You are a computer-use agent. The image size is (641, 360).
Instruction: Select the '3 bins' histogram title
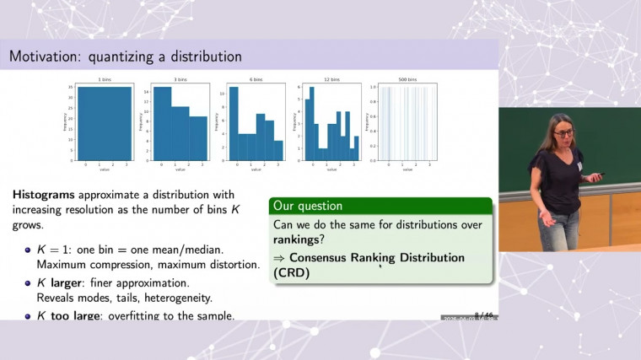pos(179,81)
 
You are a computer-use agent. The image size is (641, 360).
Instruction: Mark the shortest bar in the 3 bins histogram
pos(197,139)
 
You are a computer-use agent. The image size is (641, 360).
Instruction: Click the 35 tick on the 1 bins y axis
pos(73,87)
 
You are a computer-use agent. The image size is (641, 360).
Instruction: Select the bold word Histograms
pos(44,194)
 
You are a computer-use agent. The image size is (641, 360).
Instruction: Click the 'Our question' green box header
pos(306,206)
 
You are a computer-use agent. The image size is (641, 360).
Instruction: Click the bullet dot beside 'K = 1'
pos(28,250)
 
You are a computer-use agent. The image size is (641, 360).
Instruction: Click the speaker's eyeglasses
pos(563,133)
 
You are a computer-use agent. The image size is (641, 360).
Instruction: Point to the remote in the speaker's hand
pos(600,175)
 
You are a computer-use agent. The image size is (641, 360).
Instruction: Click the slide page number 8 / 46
pos(482,313)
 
